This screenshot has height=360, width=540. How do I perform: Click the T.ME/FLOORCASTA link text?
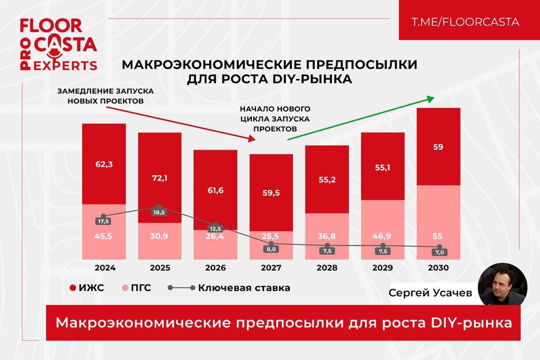(465, 22)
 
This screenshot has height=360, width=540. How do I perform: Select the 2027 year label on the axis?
(271, 267)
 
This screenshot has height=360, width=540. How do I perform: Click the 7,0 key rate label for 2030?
(439, 252)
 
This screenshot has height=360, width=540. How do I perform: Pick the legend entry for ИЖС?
(88, 288)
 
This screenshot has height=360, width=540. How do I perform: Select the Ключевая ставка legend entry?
(229, 288)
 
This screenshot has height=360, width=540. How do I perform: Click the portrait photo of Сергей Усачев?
(502, 285)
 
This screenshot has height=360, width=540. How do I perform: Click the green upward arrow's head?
(432, 98)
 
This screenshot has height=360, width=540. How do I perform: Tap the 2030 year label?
(439, 267)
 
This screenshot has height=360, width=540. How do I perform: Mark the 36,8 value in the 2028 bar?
(327, 236)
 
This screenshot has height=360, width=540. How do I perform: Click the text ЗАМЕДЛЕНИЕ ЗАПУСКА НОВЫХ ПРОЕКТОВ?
(106, 95)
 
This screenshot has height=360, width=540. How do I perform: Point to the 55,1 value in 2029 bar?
(383, 167)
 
